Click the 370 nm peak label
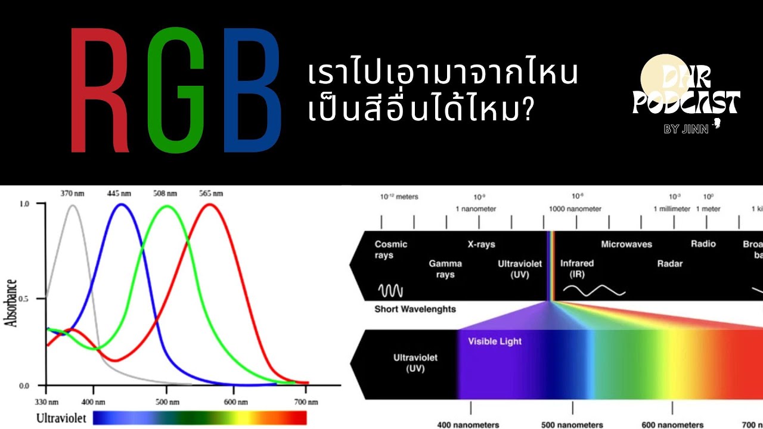coord(72,193)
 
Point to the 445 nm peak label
coord(119,193)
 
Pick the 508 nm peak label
coord(165,193)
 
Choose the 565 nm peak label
coord(210,193)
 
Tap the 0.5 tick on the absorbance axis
coord(23,298)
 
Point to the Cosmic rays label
coord(391,250)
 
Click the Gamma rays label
coord(445,269)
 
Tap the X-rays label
coord(481,244)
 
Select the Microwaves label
coord(626,244)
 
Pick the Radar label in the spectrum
coord(669,263)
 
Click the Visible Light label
coord(495,341)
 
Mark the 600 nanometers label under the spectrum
coord(672,425)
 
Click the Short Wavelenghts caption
coord(415,309)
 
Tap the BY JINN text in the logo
coord(686,129)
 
